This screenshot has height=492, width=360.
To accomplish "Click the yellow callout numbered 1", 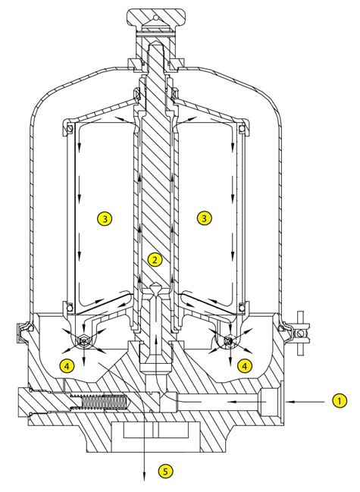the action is click(x=339, y=401).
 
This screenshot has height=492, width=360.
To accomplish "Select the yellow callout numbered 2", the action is click(x=155, y=259).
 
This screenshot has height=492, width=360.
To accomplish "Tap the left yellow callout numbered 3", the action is click(x=105, y=218).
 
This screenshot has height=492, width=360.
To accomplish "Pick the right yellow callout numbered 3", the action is click(x=205, y=218).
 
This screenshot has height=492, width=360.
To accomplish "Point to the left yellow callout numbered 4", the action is click(x=67, y=365).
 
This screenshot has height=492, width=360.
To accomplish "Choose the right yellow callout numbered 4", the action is click(x=245, y=365).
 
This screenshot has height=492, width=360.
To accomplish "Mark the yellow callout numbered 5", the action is click(x=165, y=471).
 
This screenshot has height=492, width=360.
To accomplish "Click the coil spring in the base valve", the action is click(x=99, y=401).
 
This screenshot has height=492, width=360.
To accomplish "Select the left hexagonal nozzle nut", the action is click(x=83, y=340).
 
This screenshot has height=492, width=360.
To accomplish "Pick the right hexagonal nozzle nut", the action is click(x=230, y=340).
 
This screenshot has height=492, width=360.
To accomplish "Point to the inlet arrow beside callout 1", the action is click(x=305, y=401).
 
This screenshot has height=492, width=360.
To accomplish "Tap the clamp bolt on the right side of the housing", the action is click(x=301, y=333).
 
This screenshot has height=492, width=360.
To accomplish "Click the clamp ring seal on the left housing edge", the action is click(x=23, y=332).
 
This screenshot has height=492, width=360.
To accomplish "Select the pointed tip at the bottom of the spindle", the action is click(x=155, y=288).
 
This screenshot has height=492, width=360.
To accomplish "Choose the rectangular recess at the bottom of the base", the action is click(x=156, y=430).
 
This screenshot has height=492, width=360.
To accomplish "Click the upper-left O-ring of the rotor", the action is click(x=70, y=128).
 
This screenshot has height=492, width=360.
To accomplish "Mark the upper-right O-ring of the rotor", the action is click(x=242, y=128).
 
